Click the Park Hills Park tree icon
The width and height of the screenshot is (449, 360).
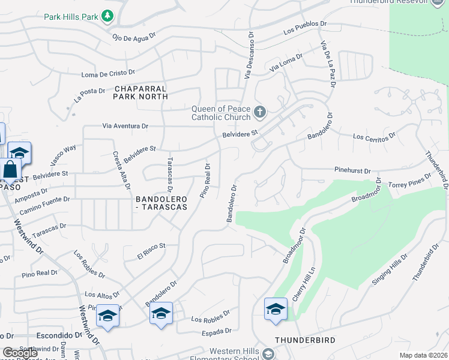107,16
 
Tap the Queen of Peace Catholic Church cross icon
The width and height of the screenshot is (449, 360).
259,112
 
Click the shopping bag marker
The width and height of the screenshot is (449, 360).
10,170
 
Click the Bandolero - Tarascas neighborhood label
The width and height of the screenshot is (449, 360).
161,202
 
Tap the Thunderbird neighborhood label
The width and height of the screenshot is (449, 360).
305,340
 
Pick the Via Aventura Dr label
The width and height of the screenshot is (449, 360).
125,127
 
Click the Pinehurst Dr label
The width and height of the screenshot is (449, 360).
350,171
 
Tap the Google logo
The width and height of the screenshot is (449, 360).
20,353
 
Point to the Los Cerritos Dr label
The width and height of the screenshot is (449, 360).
373,137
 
